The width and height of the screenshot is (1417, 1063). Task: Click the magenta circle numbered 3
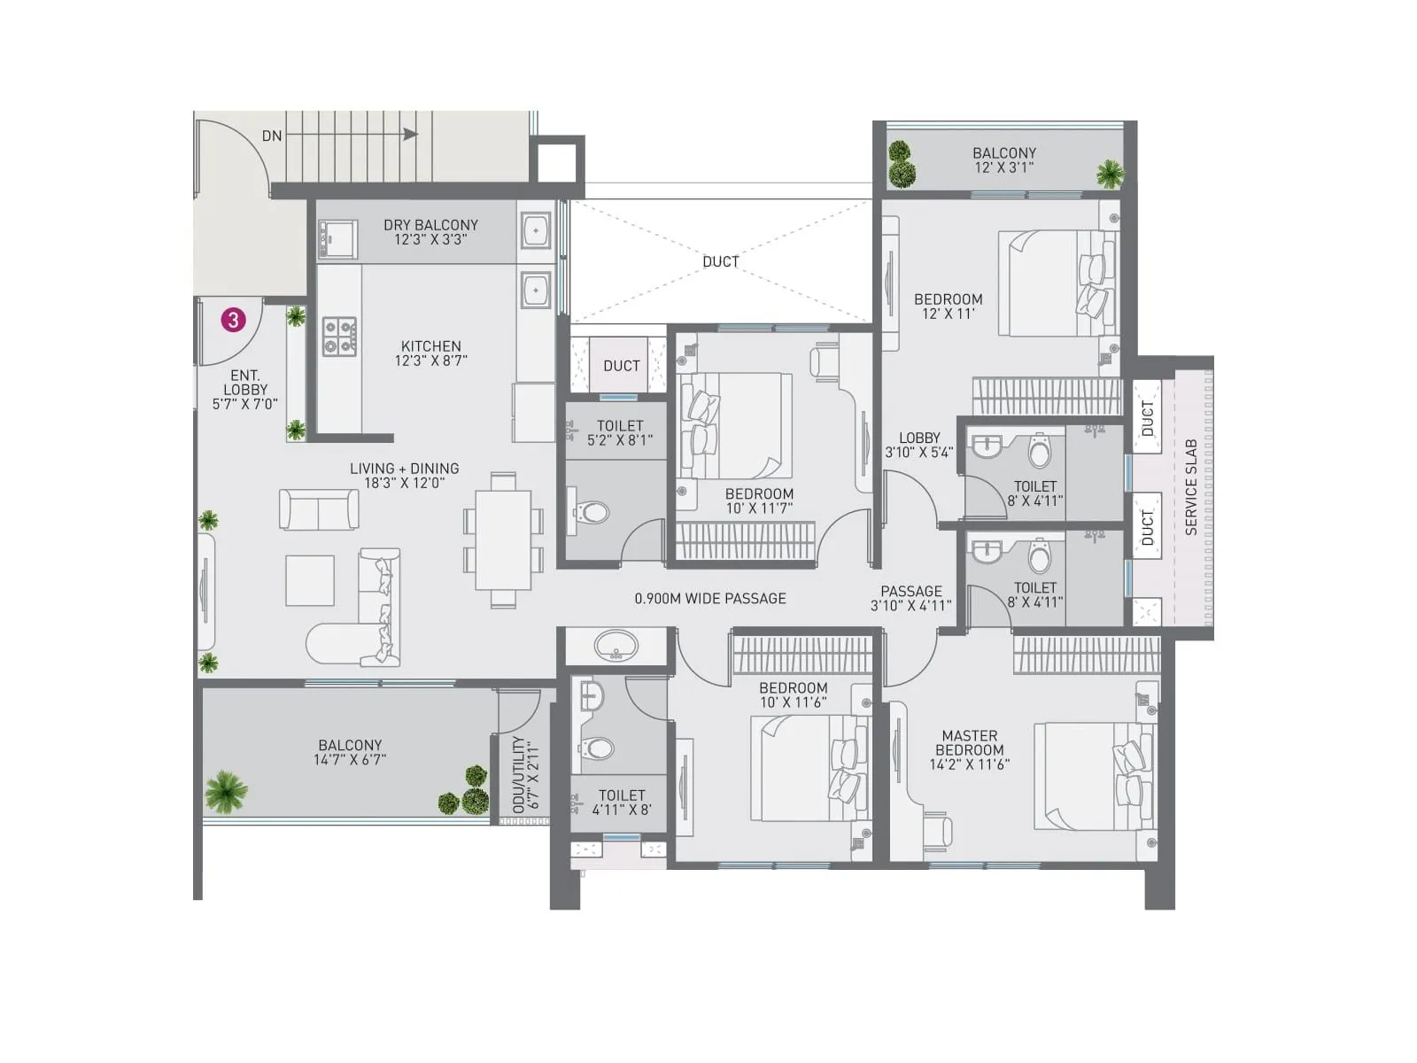(x=233, y=320)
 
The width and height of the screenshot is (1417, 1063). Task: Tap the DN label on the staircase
(x=272, y=136)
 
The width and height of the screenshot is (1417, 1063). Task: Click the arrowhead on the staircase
(x=410, y=135)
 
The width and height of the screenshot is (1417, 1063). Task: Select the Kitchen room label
(x=430, y=346)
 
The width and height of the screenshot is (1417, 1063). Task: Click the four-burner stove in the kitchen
(x=339, y=337)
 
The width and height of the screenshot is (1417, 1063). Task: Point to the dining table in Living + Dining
(x=503, y=539)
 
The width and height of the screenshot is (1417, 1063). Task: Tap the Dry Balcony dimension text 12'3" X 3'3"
(x=430, y=240)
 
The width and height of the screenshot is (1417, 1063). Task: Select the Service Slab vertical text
(x=1191, y=486)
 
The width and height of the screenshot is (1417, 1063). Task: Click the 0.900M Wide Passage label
(x=710, y=599)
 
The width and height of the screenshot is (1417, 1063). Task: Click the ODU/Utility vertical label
(x=519, y=774)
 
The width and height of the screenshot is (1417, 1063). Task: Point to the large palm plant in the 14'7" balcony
(x=226, y=791)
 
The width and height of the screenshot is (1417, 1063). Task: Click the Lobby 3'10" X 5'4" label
(x=919, y=445)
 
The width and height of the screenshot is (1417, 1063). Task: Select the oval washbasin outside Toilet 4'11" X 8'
(x=616, y=646)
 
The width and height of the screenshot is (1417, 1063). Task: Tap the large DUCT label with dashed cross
(x=720, y=261)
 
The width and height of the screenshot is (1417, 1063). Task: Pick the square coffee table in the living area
(x=310, y=580)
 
